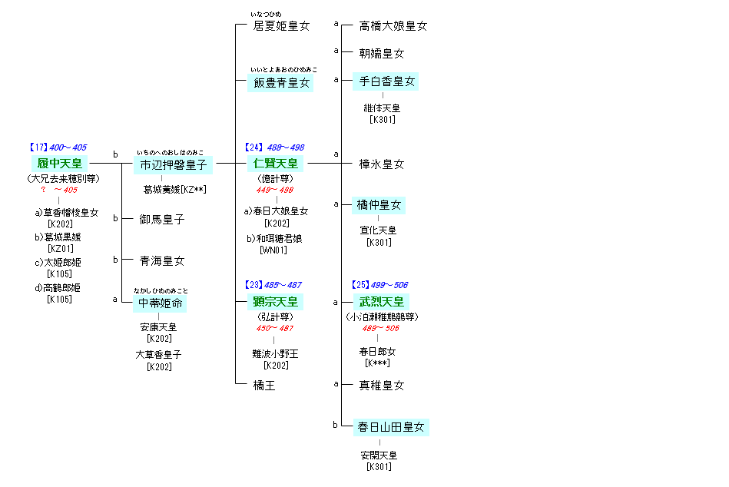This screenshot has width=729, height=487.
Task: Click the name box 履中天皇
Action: click(58, 163)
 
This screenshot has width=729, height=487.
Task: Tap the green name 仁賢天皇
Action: click(275, 163)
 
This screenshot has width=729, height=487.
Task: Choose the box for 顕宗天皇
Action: click(275, 301)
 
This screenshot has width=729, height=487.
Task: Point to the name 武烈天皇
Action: click(381, 301)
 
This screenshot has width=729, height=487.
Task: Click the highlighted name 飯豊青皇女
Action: click(282, 83)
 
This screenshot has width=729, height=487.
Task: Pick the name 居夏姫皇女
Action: click(281, 26)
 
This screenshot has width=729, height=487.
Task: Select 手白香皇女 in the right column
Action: click(387, 81)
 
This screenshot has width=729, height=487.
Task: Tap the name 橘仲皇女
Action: click(379, 205)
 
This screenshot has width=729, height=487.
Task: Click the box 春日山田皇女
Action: click(390, 426)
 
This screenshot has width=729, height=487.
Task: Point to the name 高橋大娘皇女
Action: click(393, 26)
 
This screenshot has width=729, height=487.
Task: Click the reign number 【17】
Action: click(38, 147)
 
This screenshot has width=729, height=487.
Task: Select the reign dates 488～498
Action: click(286, 147)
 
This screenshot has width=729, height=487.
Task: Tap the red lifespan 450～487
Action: click(274, 329)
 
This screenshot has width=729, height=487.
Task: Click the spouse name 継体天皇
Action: click(382, 108)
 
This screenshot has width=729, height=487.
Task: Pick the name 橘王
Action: click(264, 386)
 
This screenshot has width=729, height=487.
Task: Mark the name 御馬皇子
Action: click(162, 220)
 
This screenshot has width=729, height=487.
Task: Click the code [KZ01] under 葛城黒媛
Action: click(59, 249)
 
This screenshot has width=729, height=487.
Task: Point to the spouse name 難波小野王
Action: click(275, 353)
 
